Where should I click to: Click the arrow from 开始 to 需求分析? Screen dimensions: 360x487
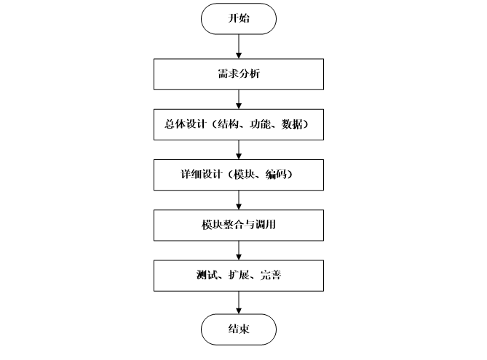[x=239, y=46]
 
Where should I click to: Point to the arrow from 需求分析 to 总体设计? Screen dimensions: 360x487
[x=239, y=99]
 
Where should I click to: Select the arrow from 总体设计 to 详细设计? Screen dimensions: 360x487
[x=239, y=150]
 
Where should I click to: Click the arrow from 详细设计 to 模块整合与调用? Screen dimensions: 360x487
[x=239, y=201]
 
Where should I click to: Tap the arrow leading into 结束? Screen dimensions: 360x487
[x=239, y=303]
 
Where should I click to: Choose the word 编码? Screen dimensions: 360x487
[x=281, y=175]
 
